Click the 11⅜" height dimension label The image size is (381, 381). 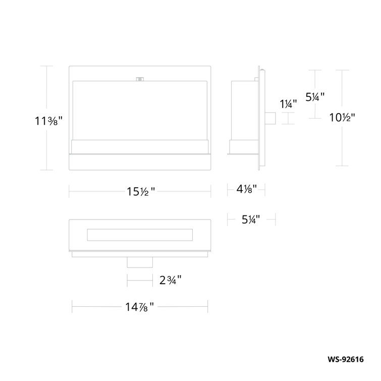click(48, 121)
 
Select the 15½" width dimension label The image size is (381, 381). click(140, 191)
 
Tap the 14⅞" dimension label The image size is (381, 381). click(140, 305)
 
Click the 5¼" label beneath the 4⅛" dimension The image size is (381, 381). click(250, 219)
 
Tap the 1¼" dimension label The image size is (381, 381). click(288, 104)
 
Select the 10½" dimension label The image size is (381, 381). click(343, 118)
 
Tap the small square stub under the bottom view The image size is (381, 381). click(140, 262)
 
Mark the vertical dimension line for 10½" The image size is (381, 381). click(343, 146)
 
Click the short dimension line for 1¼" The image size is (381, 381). click(288, 119)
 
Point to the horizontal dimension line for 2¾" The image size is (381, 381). click(140, 279)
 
